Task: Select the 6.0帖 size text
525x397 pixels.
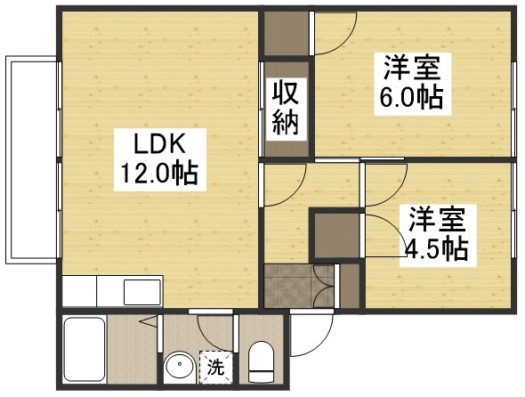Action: (x=407, y=95)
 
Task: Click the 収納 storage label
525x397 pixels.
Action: (x=285, y=107)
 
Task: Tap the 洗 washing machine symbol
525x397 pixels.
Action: (x=214, y=364)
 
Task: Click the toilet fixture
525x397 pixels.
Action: (x=261, y=361)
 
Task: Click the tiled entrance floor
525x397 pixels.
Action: (x=289, y=287)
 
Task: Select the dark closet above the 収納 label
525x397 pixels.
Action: (x=285, y=36)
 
